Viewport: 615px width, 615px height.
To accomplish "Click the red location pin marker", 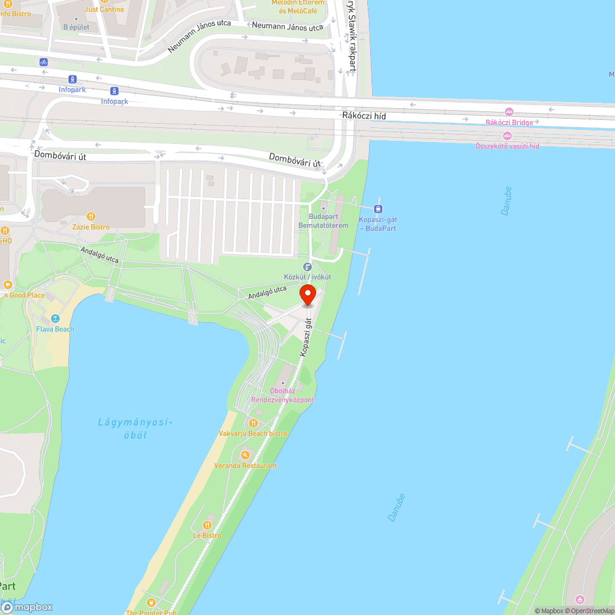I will pyautogui.click(x=307, y=295).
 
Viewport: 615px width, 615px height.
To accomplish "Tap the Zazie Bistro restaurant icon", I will pyautogui.click(x=91, y=216).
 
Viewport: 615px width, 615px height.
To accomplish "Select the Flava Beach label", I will pyautogui.click(x=55, y=329).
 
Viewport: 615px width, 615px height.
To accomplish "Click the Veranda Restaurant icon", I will pyautogui.click(x=245, y=455).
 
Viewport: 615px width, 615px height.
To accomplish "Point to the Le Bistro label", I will pyautogui.click(x=207, y=536).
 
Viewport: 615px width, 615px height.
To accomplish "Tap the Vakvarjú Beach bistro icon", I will pyautogui.click(x=253, y=423).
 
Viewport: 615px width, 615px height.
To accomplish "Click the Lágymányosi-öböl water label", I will pyautogui.click(x=135, y=428).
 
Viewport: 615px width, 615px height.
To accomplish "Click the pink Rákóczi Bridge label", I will pyautogui.click(x=509, y=122).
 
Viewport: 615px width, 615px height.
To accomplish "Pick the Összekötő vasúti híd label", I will pyautogui.click(x=507, y=146).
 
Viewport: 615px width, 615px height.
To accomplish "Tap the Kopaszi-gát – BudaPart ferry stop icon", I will pyautogui.click(x=378, y=209).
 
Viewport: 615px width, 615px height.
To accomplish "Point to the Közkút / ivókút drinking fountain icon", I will pyautogui.click(x=307, y=267).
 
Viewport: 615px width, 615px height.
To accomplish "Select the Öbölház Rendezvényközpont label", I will pyautogui.click(x=283, y=395).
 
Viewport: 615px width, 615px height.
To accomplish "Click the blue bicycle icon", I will pyautogui.click(x=43, y=62).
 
